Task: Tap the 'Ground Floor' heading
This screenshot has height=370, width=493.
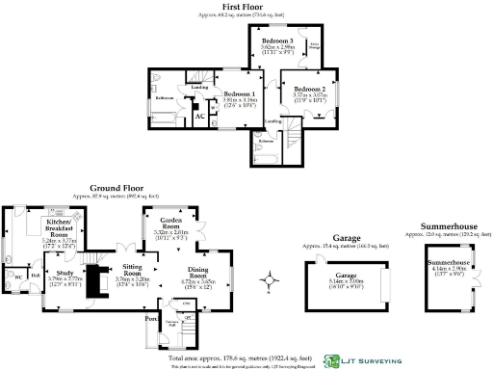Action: [117, 188]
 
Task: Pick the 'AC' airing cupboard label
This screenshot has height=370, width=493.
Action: [199, 117]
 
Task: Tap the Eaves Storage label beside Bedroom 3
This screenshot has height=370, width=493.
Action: [315, 46]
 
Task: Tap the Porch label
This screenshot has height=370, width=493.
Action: [150, 318]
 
